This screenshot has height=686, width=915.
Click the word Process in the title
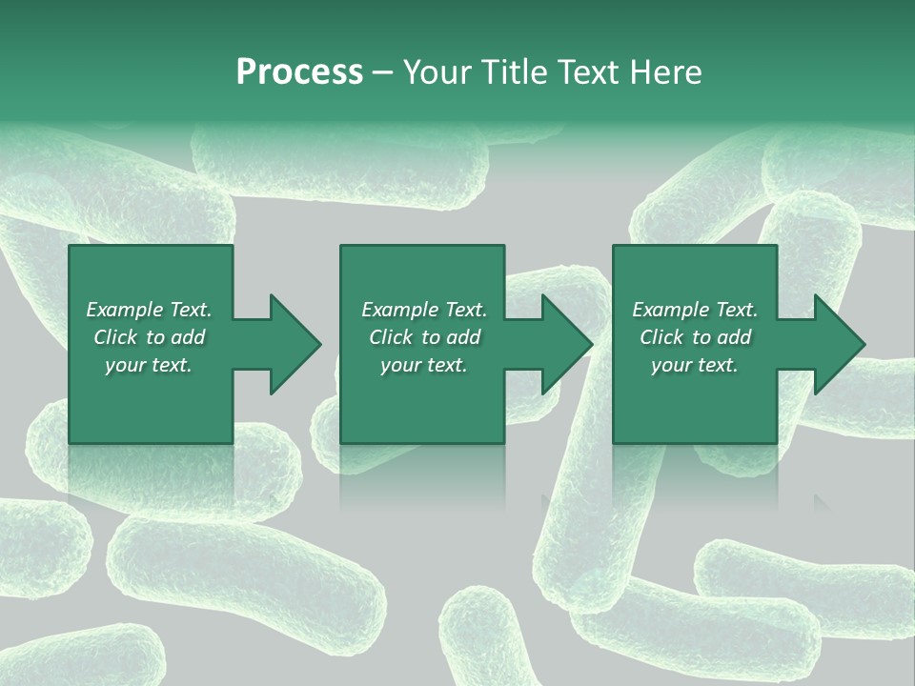click(299, 72)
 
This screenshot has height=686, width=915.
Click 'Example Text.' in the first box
click(149, 310)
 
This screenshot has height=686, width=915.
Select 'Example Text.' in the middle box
click(424, 310)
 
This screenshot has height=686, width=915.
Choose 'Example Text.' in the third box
click(695, 310)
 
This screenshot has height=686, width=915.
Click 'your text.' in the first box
click(149, 365)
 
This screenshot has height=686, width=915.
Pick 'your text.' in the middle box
click(424, 365)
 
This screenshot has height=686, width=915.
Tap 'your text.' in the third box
click(695, 365)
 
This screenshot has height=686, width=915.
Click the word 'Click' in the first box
click(116, 337)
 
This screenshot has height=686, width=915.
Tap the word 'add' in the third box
click(734, 337)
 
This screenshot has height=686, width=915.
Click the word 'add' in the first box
click(188, 337)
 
